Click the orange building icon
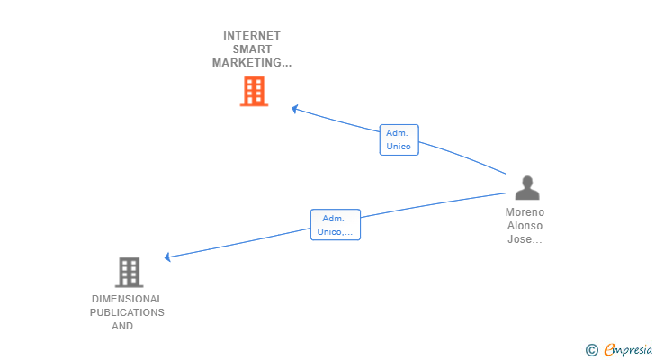tap(254, 91)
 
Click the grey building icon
tap(130, 272)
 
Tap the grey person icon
tap(526, 188)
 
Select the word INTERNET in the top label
tap(252, 36)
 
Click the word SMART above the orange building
tap(252, 49)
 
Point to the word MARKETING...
tap(251, 63)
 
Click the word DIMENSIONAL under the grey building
tap(127, 299)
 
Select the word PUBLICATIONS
tap(127, 312)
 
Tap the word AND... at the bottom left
tap(127, 326)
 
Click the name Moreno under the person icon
tap(525, 212)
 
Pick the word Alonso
tap(525, 226)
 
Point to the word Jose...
tap(523, 239)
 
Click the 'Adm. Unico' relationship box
tap(399, 139)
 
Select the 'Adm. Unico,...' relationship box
tap(336, 225)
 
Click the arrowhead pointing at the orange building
tap(294, 109)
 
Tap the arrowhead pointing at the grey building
tap(167, 257)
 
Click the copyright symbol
tap(591, 349)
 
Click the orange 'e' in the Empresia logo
tap(609, 349)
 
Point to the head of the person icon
tap(526, 182)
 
